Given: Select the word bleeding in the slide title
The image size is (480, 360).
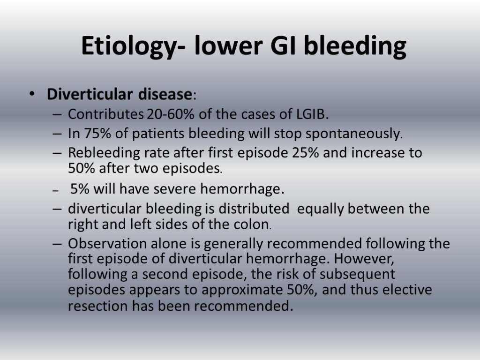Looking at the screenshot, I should pos(355,47).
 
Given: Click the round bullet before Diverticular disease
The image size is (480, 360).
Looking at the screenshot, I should pos(31,95).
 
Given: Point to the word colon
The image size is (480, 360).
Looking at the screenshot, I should pos(250,224).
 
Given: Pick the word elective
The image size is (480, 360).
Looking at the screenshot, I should pos(405,290).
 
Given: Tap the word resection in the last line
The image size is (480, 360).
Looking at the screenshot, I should pos(97,307).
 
